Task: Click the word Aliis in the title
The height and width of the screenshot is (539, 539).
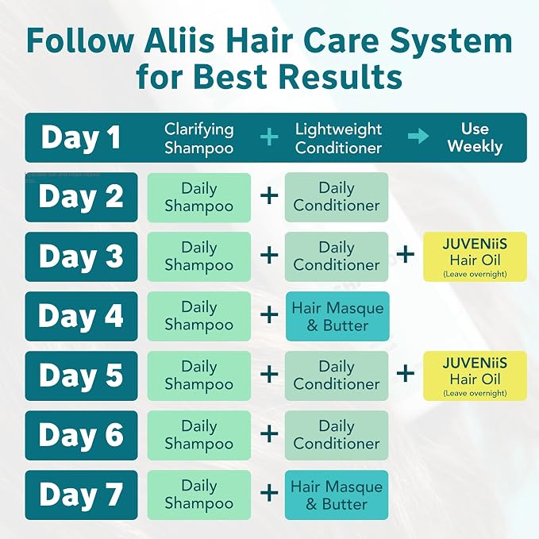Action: [179, 40]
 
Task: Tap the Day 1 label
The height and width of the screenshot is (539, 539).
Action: [81, 137]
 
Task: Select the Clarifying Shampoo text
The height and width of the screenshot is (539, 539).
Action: [199, 138]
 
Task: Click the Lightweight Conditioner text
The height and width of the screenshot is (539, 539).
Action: [338, 138]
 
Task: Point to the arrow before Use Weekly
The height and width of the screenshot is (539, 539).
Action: [418, 137]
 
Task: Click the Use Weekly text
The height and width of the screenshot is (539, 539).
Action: [475, 137]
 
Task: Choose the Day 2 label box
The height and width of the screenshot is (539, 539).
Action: [82, 197]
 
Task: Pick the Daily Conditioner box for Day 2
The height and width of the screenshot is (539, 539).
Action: [337, 197]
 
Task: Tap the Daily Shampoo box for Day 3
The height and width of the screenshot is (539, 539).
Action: [199, 256]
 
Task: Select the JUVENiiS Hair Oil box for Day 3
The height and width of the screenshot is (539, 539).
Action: [475, 256]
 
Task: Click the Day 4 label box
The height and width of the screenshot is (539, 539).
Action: [82, 316]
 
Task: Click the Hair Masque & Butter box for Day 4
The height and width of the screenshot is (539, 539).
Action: [337, 316]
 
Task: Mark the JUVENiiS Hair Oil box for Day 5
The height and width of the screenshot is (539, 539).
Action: [475, 375]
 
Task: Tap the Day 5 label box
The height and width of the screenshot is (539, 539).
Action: [82, 375]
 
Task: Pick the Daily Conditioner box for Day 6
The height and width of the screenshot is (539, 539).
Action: [337, 435]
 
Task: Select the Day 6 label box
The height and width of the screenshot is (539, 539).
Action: [82, 435]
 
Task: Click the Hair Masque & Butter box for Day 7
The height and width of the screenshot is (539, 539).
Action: [337, 495]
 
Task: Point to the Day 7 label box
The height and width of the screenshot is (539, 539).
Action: [82, 495]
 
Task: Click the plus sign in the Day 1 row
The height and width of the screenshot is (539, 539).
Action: [269, 137]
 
